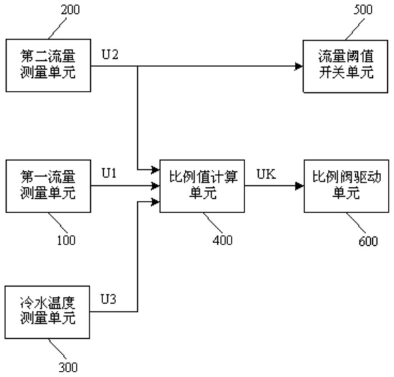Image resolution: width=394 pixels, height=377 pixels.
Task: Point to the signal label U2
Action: point(110,55)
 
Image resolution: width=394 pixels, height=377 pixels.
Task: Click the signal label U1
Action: point(109,173)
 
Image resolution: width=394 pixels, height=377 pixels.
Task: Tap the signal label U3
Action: point(109,299)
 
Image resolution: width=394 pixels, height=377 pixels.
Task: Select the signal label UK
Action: point(266,174)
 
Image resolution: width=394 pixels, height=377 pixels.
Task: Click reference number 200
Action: point(70,10)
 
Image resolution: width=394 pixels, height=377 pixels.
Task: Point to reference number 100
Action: point(66,240)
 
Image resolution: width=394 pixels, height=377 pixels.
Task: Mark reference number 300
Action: point(68,367)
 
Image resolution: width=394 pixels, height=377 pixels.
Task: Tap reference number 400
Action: point(223,240)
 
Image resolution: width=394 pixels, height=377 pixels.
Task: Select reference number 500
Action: point(363,10)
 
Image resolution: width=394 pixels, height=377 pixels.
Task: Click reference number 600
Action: point(368,241)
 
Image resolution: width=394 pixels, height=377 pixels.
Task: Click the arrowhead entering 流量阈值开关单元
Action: point(299,66)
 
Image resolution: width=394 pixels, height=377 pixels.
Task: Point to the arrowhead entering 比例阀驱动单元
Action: point(300,186)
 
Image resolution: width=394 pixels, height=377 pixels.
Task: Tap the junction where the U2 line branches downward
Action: point(137,66)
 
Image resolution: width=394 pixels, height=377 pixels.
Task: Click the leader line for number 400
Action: point(213,223)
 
